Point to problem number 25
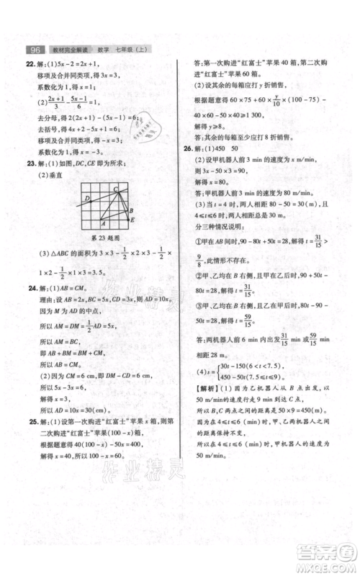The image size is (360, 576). tap(30, 422)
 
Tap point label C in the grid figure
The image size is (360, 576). tap(114, 189)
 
